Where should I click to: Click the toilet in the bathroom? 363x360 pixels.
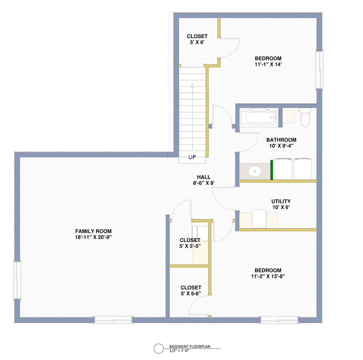[305, 117]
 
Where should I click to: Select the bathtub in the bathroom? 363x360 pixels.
[259, 117]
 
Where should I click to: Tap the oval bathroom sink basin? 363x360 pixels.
[255, 171]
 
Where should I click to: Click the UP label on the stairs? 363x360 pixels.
[192, 157]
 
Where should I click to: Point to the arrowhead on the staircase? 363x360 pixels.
[192, 85]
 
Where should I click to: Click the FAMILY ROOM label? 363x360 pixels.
[93, 231]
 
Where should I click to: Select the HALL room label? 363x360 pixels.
[204, 177]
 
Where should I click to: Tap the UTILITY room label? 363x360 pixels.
[281, 201]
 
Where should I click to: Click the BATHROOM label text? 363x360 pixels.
[281, 140]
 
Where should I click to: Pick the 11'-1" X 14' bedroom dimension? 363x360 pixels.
[268, 64]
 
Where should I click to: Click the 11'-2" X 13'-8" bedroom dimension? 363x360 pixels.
[268, 276]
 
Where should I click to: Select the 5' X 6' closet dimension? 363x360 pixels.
[197, 42]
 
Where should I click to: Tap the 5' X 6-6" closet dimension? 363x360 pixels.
[191, 293]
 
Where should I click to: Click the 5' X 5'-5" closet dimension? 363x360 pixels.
[190, 246]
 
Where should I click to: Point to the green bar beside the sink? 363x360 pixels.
[272, 170]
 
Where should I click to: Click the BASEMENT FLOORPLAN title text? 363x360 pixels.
[190, 347]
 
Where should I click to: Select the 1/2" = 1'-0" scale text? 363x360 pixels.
[179, 351]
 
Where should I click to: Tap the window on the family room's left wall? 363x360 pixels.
[17, 280]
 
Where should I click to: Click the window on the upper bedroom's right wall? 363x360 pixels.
[320, 70]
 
